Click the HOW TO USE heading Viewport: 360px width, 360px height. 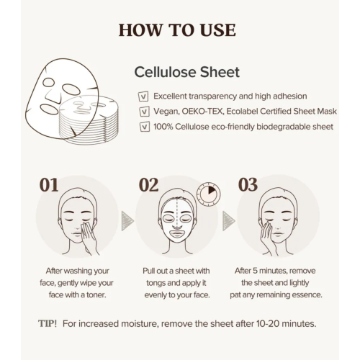(176, 30)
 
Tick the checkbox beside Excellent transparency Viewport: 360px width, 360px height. (143, 96)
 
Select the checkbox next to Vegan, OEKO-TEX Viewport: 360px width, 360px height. (143, 112)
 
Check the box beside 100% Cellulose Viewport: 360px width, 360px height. (143, 127)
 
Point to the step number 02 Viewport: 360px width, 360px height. (148, 184)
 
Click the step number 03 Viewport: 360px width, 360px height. (248, 184)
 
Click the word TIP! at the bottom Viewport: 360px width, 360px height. (49, 323)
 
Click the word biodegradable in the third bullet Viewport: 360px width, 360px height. (277, 127)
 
